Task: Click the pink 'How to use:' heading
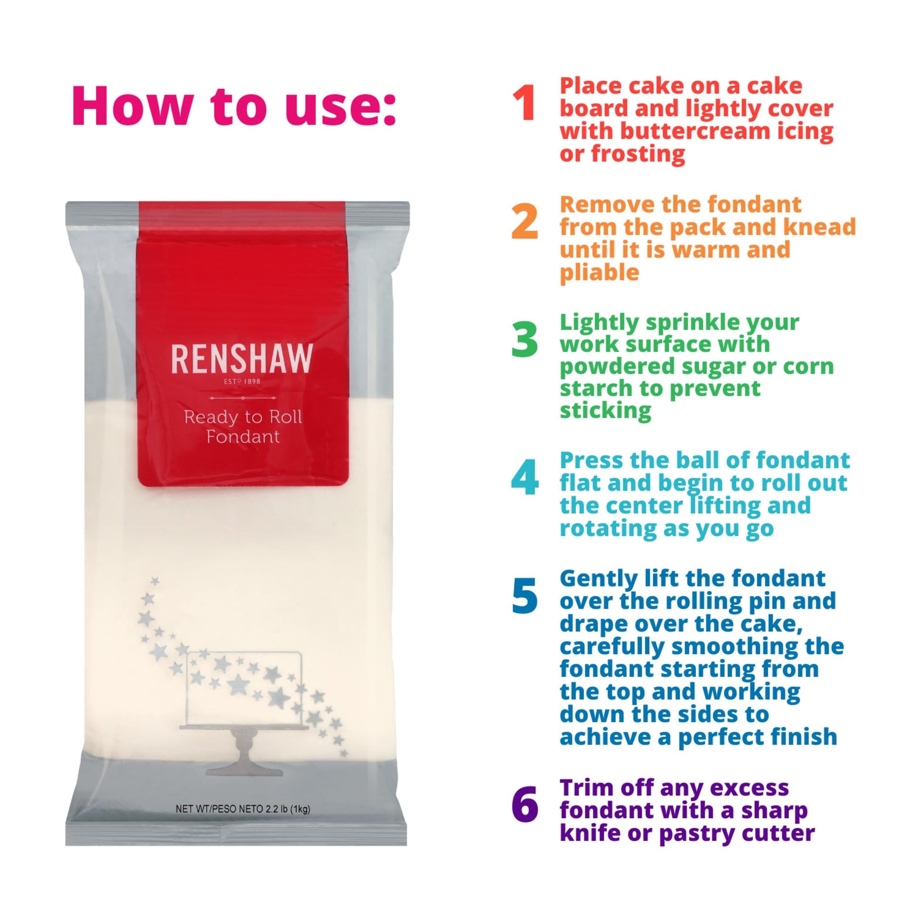point(234,106)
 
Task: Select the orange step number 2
point(525,221)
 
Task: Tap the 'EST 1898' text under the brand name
point(242,381)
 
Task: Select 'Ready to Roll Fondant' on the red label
point(243,427)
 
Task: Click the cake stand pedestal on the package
point(243,751)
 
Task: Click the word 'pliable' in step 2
point(599,273)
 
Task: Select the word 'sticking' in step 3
point(605,410)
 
